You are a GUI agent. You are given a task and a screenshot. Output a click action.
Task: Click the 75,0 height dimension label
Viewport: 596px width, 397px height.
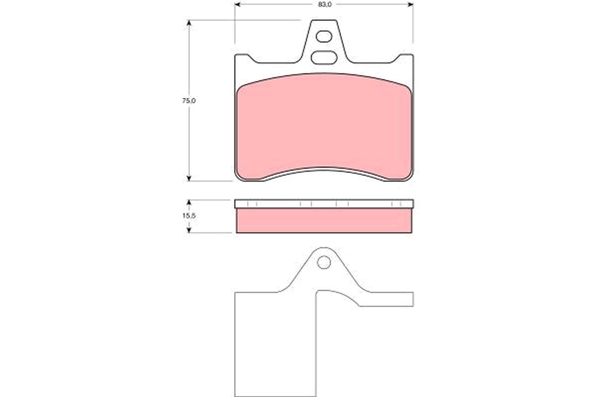(x=189, y=100)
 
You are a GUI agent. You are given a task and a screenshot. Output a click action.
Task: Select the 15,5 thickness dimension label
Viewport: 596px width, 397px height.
(x=189, y=216)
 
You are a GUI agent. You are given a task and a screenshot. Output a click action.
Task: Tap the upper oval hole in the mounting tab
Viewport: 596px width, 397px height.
(x=324, y=36)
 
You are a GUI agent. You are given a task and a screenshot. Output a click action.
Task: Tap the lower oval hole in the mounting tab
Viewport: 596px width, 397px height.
(x=324, y=58)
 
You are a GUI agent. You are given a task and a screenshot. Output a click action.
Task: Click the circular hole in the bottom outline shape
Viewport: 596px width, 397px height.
(x=324, y=262)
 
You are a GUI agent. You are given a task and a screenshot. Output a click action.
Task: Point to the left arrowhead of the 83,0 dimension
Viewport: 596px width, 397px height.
(x=237, y=4)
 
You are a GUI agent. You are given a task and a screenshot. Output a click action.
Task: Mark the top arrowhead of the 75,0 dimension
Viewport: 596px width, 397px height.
(x=189, y=23)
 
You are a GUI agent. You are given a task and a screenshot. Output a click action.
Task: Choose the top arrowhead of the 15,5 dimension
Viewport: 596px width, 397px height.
(x=189, y=203)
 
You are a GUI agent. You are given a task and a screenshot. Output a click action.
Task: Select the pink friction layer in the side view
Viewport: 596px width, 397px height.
(x=324, y=221)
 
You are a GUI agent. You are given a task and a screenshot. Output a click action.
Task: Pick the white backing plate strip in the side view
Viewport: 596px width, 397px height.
(x=324, y=204)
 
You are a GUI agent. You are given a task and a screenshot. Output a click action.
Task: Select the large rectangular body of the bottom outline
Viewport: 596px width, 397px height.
(x=274, y=342)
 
